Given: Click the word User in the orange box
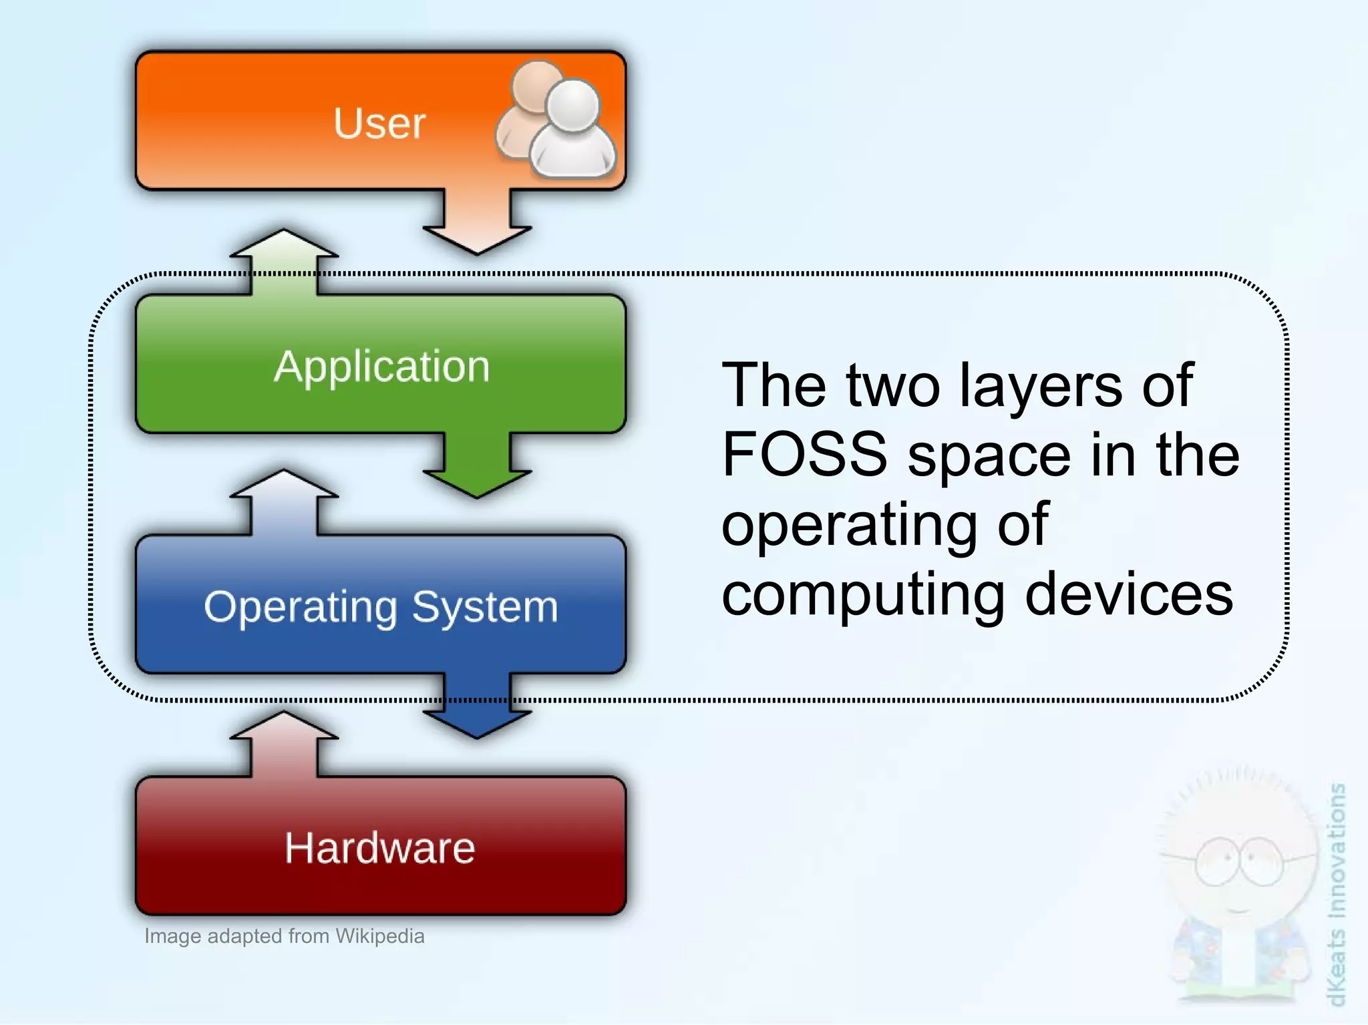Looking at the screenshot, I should coord(379,124).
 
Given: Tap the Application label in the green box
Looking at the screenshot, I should coord(381,367).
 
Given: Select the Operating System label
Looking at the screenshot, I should coord(381,608).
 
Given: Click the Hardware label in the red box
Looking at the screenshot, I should coord(380,848).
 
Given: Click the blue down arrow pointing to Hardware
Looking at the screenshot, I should coord(477,711).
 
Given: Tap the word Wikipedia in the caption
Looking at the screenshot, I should coord(379,936).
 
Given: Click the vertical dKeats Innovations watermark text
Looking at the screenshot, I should coord(1336,895).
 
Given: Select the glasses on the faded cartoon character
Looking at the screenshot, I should coord(1240,861).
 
